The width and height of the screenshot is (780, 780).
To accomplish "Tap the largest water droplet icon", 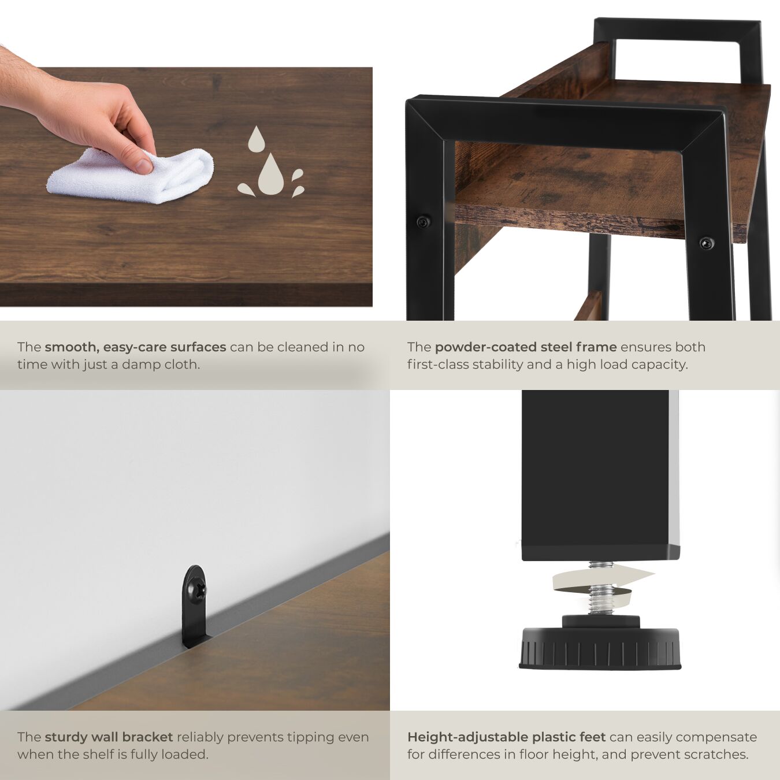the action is tap(271, 174).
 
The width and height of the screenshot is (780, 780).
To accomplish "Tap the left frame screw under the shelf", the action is tap(423, 221).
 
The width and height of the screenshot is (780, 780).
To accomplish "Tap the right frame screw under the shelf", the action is tap(707, 243).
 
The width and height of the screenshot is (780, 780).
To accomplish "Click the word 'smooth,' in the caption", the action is tap(72, 347).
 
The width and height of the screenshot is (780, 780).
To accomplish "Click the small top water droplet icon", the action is tap(256, 139).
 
